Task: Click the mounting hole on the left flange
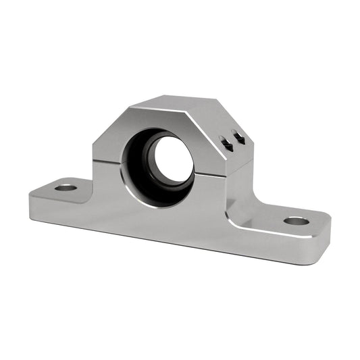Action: click(x=66, y=186)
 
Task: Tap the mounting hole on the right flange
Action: click(x=296, y=221)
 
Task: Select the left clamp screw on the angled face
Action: click(x=226, y=144)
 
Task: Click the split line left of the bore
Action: click(x=107, y=161)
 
